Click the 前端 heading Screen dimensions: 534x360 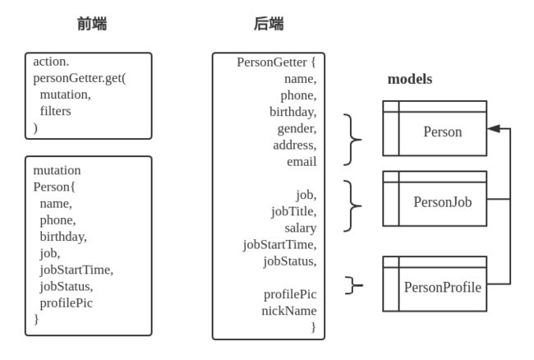coord(92,24)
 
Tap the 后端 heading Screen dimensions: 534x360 coord(269,24)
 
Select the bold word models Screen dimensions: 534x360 coord(410,79)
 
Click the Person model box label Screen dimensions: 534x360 coord(442,132)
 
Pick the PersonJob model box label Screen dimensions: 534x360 coord(442,202)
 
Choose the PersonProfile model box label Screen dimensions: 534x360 coord(442,287)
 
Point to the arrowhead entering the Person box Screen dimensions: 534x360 coord(494,128)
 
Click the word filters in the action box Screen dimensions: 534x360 coord(56,111)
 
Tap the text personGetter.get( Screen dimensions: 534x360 coord(80,78)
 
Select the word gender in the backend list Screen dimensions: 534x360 coord(297,129)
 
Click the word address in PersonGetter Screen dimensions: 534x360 coord(294,145)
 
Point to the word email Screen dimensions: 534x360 coord(302,161)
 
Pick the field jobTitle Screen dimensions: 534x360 coord(293,211)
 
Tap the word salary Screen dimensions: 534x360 coord(301,228)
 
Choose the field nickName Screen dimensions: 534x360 coord(289,311)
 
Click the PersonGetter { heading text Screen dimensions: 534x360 coord(276,62)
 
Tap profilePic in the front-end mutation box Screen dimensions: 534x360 coord(66,303)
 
